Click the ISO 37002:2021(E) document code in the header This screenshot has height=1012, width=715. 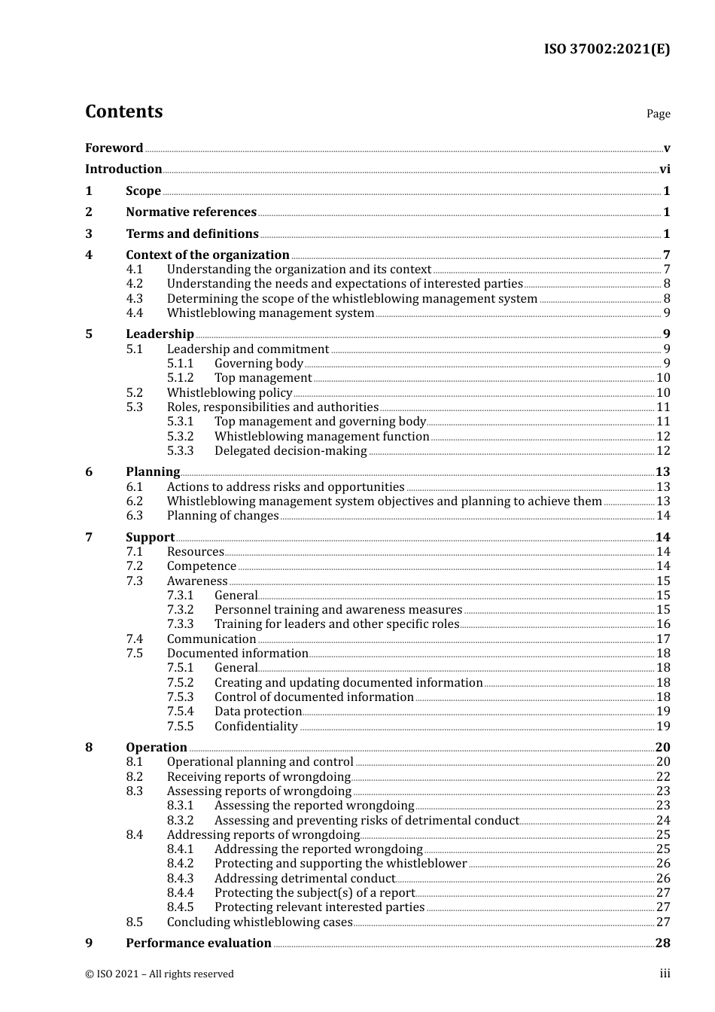tap(607, 50)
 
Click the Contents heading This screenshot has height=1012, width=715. tap(123, 111)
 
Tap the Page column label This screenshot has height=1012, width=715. tap(658, 114)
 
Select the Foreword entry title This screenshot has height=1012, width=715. tap(114, 148)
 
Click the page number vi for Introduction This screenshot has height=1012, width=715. tap(665, 169)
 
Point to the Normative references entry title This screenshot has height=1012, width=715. tap(191, 212)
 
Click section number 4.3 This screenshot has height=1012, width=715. tap(134, 298)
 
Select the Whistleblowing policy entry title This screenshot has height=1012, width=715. tap(229, 392)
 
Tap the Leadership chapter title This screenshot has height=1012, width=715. tap(160, 334)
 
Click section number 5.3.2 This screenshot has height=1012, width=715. tap(180, 436)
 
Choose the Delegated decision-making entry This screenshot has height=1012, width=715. tap(291, 451)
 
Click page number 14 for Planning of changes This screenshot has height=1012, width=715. tap(663, 516)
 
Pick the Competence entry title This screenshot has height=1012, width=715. tap(201, 566)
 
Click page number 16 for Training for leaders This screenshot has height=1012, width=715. tap(663, 624)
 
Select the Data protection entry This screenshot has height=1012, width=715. tap(258, 712)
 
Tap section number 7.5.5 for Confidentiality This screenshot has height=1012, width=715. tap(180, 726)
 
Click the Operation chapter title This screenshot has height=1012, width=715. tap(157, 747)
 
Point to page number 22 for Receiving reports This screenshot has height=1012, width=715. tap(663, 776)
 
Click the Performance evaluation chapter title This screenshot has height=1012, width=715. tap(199, 943)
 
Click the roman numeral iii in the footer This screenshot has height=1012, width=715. tap(665, 974)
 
